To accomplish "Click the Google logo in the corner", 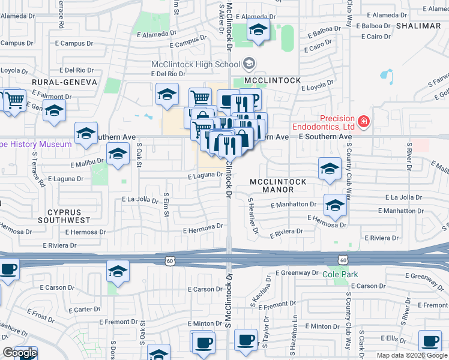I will (20, 353).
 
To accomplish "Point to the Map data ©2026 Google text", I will (412, 355).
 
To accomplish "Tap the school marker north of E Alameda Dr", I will (258, 30).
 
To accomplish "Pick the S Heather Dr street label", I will (253, 217).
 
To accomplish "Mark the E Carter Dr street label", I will (84, 310).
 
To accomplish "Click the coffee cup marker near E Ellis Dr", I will (429, 341).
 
